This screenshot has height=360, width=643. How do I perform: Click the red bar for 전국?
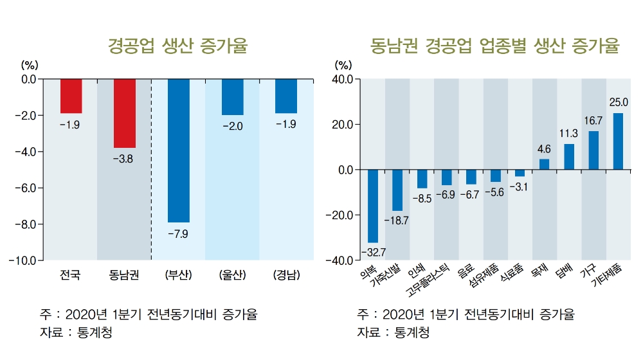pyautogui.click(x=71, y=96)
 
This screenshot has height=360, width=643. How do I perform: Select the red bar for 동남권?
pyautogui.click(x=124, y=113)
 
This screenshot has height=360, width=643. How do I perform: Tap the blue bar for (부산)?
pyautogui.click(x=178, y=150)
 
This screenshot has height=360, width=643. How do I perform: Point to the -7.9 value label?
pyautogui.click(x=178, y=234)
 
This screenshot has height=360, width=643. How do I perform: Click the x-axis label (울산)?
pyautogui.click(x=232, y=276)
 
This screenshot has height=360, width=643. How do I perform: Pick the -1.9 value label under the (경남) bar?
pyautogui.click(x=285, y=125)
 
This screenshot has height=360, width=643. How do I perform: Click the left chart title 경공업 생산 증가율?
pyautogui.click(x=177, y=46)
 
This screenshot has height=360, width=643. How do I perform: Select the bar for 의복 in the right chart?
pyautogui.click(x=373, y=206)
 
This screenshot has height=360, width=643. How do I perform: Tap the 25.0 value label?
pyautogui.click(x=619, y=102)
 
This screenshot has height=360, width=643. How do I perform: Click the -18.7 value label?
pyautogui.click(x=397, y=221)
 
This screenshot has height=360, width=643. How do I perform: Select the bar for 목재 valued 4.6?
pyautogui.click(x=544, y=164)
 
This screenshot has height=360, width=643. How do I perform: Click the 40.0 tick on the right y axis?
pyautogui.click(x=343, y=79)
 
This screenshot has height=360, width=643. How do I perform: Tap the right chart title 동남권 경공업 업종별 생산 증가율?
pyautogui.click(x=494, y=46)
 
